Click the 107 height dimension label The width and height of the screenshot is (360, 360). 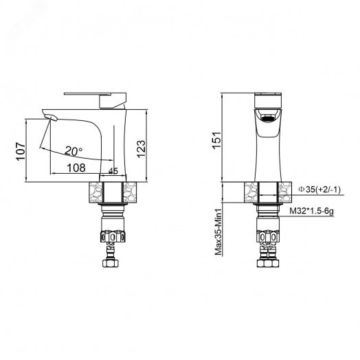click(x=21, y=152)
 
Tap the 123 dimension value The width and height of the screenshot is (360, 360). click(x=141, y=149)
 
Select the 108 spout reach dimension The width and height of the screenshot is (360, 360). click(x=76, y=168)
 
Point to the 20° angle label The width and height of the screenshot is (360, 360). click(x=74, y=151)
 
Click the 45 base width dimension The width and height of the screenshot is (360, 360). click(x=113, y=171)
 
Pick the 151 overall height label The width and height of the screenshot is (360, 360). click(x=216, y=141)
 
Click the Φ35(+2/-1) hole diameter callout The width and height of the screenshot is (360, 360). click(x=319, y=190)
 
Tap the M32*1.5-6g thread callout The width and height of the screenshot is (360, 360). click(x=311, y=211)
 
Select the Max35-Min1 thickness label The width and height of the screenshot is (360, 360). click(x=218, y=232)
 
